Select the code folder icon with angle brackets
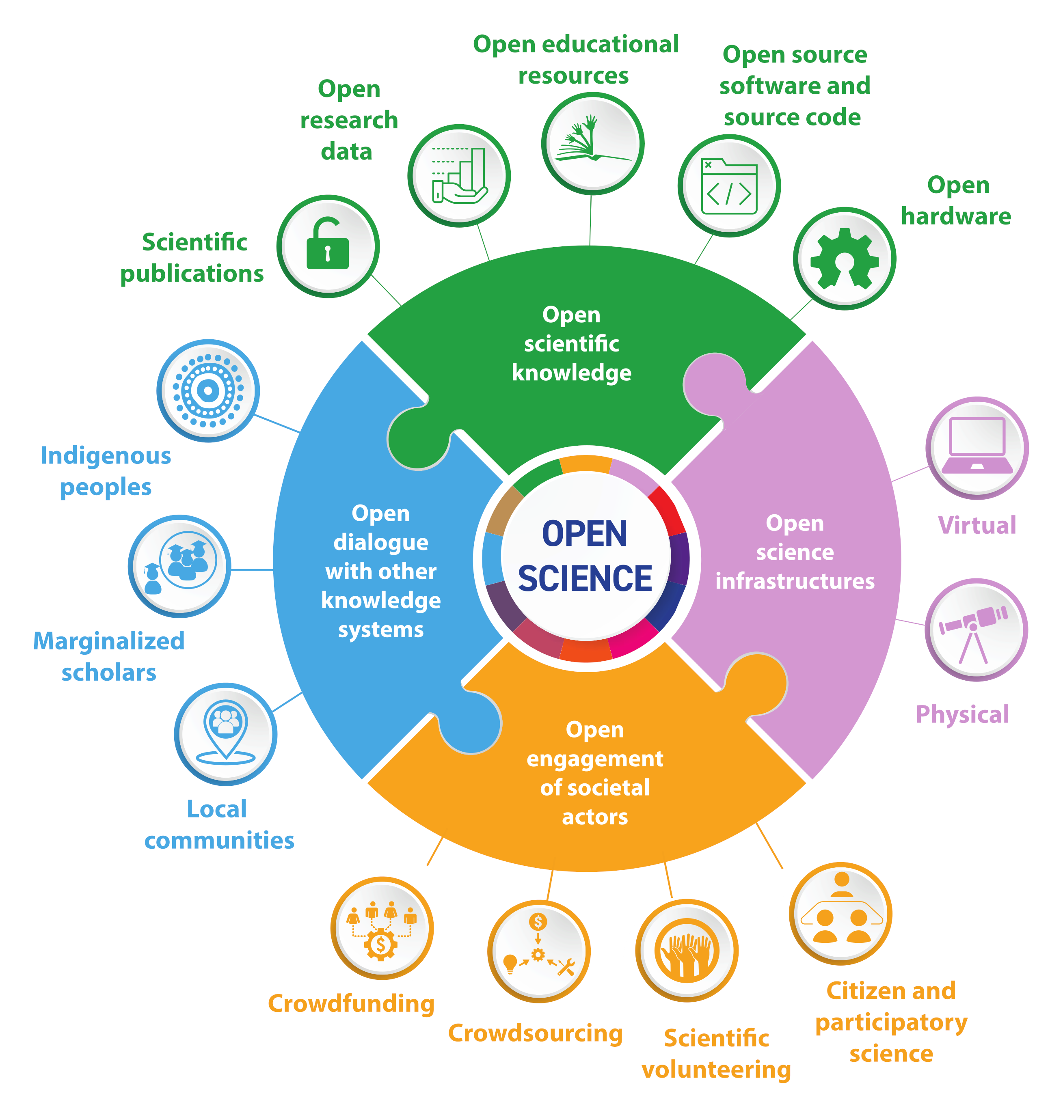pyautogui.click(x=729, y=186)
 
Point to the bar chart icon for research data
pyautogui.click(x=459, y=176)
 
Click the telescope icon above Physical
pyautogui.click(x=976, y=630)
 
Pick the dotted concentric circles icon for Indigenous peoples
pyautogui.click(x=208, y=391)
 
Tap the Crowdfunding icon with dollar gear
pyautogui.click(x=382, y=928)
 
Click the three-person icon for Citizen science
pyautogui.click(x=841, y=914)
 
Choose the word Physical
pyautogui.click(x=962, y=715)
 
